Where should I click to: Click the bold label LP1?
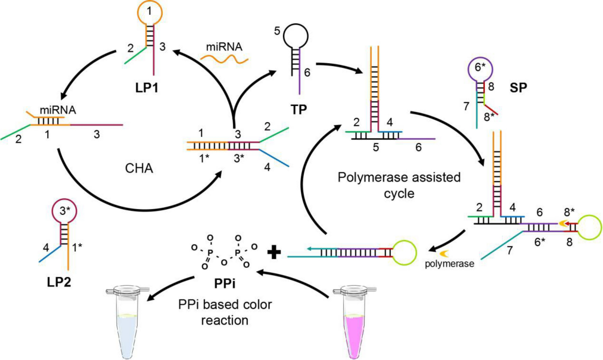pos(147,88)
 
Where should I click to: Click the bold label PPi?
pos(225,283)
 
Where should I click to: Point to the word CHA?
pos(139,168)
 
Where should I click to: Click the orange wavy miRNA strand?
pos(224,58)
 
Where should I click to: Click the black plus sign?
pos(274,252)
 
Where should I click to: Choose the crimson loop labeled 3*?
pos(65,211)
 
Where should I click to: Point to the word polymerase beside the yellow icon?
pos(449,264)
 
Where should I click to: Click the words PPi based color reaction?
pos(225,312)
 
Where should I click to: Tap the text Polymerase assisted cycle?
pos(399,185)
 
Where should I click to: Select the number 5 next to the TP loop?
pos(277,31)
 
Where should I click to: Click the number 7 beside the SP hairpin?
pos(466,106)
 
